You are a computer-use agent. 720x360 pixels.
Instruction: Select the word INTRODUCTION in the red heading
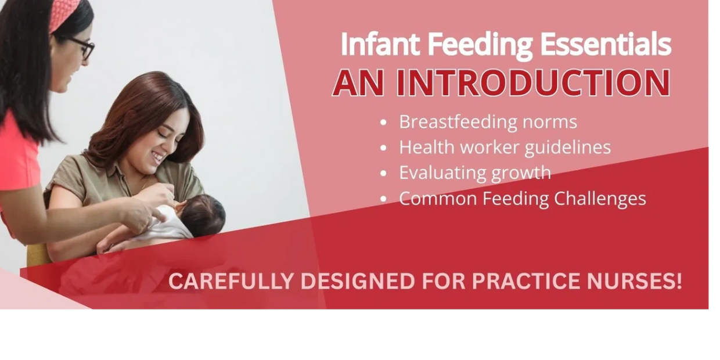coord(533,82)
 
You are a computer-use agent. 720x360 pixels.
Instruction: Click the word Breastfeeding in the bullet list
coord(458,122)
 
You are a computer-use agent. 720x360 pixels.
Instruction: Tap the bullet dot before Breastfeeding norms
coord(383,123)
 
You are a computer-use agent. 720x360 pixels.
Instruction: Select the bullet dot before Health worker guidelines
coord(383,148)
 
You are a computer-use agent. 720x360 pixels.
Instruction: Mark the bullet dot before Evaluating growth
coord(383,174)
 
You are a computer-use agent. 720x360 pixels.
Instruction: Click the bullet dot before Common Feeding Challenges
coord(383,199)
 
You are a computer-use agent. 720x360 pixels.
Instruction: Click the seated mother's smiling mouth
coord(158,157)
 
